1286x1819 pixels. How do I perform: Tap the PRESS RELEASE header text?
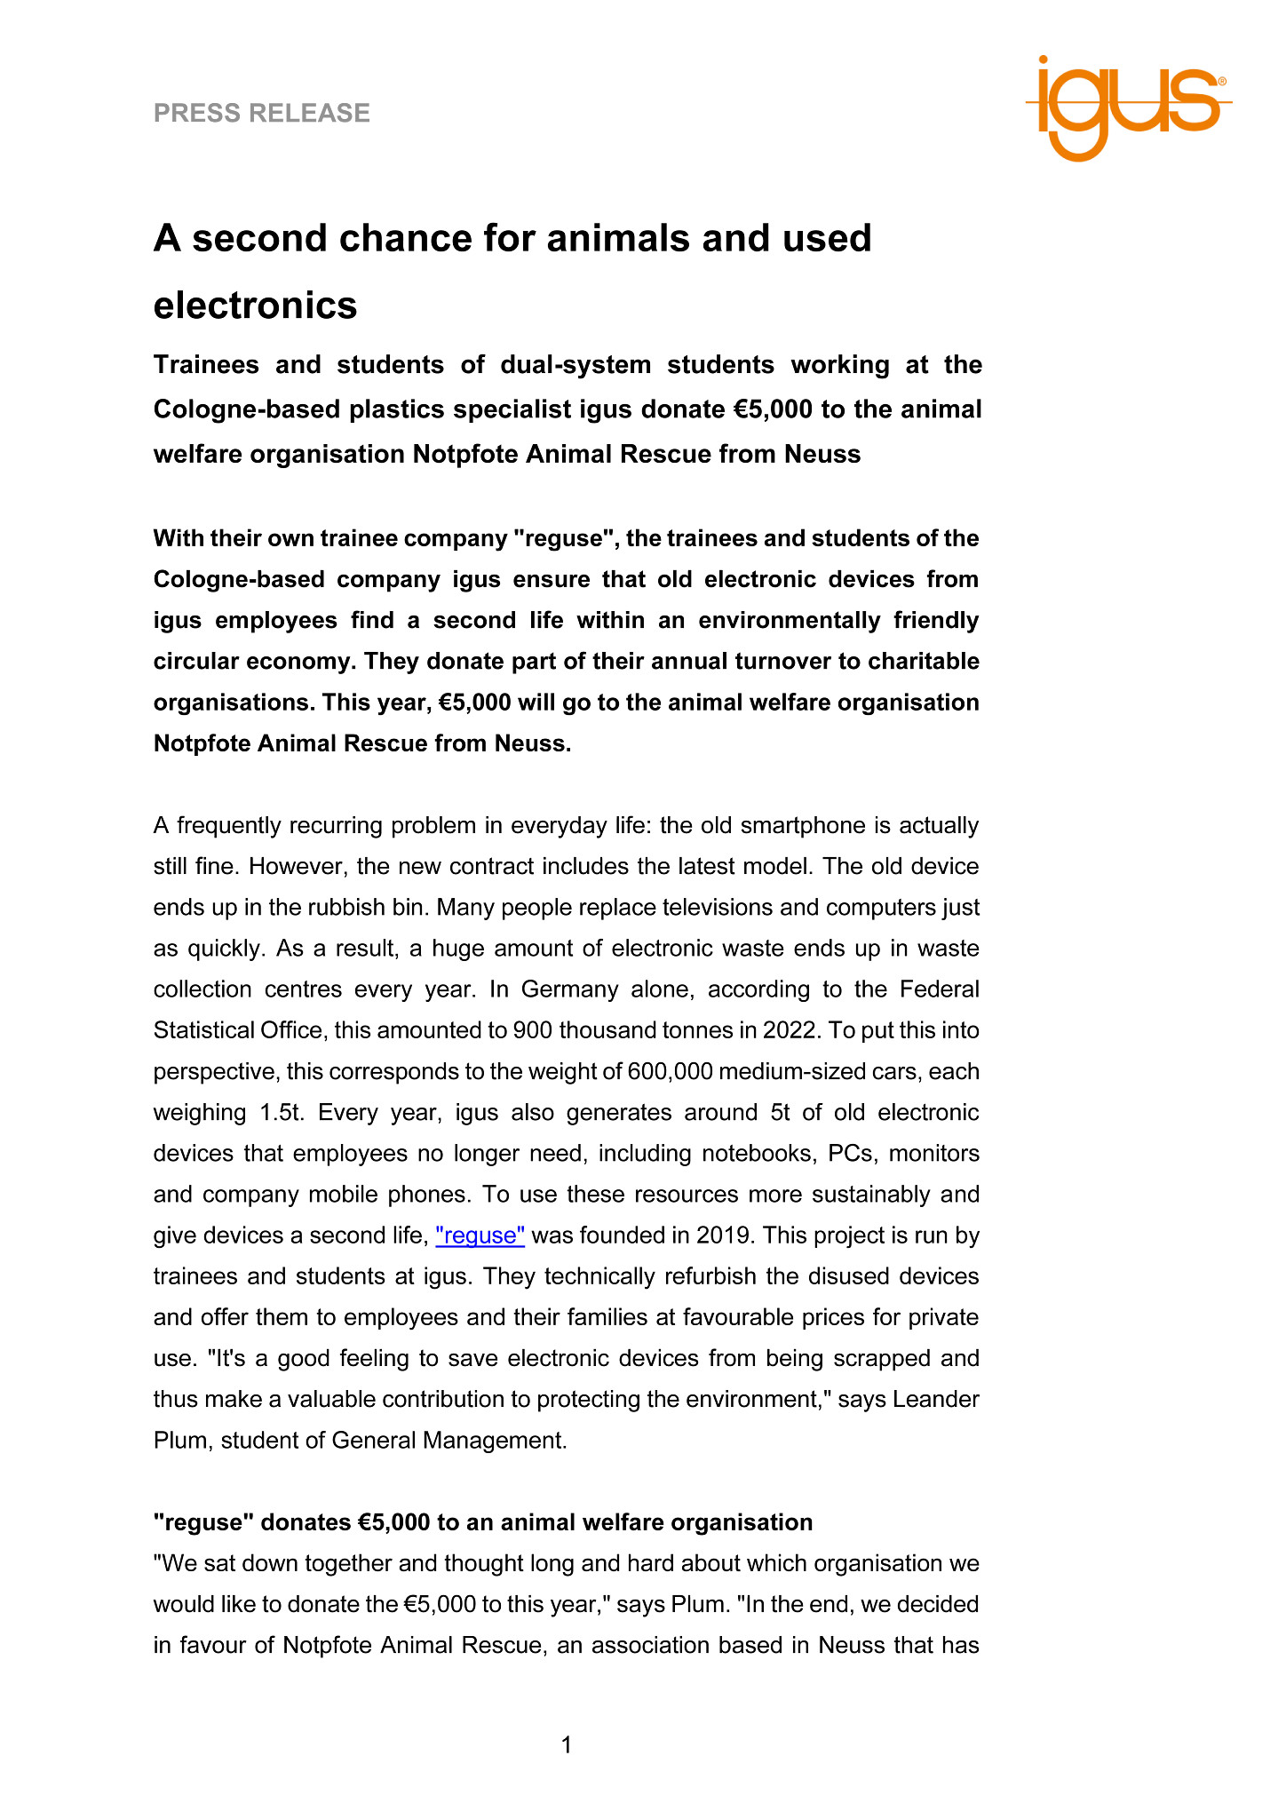point(261,113)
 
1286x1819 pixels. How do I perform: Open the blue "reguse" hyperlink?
point(480,1235)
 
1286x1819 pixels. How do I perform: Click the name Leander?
point(935,1399)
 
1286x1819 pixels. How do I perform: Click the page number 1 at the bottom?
point(567,1745)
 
